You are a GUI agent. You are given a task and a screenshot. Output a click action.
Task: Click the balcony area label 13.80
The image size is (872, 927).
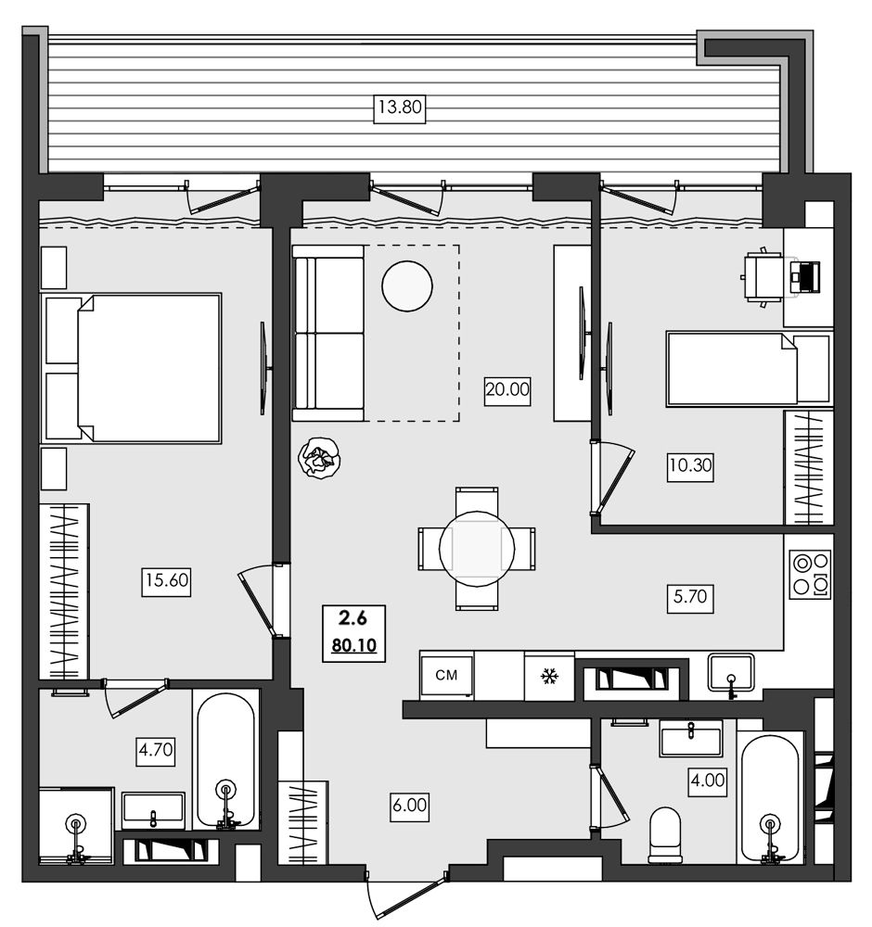click(x=400, y=108)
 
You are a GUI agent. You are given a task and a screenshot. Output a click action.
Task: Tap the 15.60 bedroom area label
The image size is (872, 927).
click(x=166, y=580)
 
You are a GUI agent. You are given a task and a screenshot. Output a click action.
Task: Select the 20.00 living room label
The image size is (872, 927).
click(x=507, y=390)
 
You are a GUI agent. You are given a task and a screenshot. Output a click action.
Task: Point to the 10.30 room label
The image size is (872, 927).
click(x=690, y=465)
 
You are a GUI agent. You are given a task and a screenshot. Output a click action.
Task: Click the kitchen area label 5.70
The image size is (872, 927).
click(x=690, y=597)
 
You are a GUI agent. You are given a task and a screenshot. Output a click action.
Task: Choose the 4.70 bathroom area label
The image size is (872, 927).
click(x=156, y=751)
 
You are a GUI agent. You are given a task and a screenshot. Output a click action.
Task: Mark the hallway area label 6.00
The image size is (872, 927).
click(x=409, y=806)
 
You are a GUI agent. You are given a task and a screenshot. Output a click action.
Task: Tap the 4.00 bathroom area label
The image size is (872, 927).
click(x=708, y=781)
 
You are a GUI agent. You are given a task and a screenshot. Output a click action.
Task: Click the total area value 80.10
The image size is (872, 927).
click(x=353, y=645)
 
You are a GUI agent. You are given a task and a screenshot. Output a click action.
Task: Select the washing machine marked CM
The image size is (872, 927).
click(x=446, y=675)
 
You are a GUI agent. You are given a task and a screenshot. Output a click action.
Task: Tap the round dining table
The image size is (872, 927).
click(x=477, y=549)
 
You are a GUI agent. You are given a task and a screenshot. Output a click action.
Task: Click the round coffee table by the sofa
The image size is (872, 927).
click(x=407, y=286)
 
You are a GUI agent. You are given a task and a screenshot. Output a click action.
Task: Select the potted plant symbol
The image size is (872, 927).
click(x=319, y=458)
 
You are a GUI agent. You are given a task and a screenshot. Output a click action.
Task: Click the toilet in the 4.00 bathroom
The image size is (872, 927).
click(x=665, y=836)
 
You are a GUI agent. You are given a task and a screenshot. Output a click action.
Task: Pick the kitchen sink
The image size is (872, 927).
click(x=731, y=674)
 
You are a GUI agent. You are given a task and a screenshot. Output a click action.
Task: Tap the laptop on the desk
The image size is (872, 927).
click(x=805, y=275)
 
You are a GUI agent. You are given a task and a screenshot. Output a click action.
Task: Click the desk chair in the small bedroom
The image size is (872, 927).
click(x=763, y=276)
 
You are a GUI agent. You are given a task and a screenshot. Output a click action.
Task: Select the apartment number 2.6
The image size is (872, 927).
click(x=353, y=618)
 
